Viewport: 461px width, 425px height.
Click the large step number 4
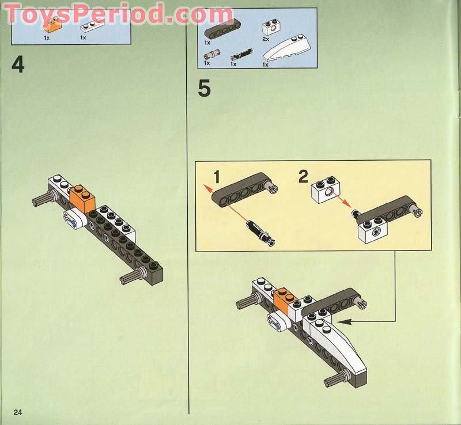(x=18, y=64)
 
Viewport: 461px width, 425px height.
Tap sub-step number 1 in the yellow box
(x=216, y=177)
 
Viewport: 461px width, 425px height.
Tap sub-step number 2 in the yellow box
(x=304, y=177)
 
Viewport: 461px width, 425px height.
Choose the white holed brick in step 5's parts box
(x=269, y=27)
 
